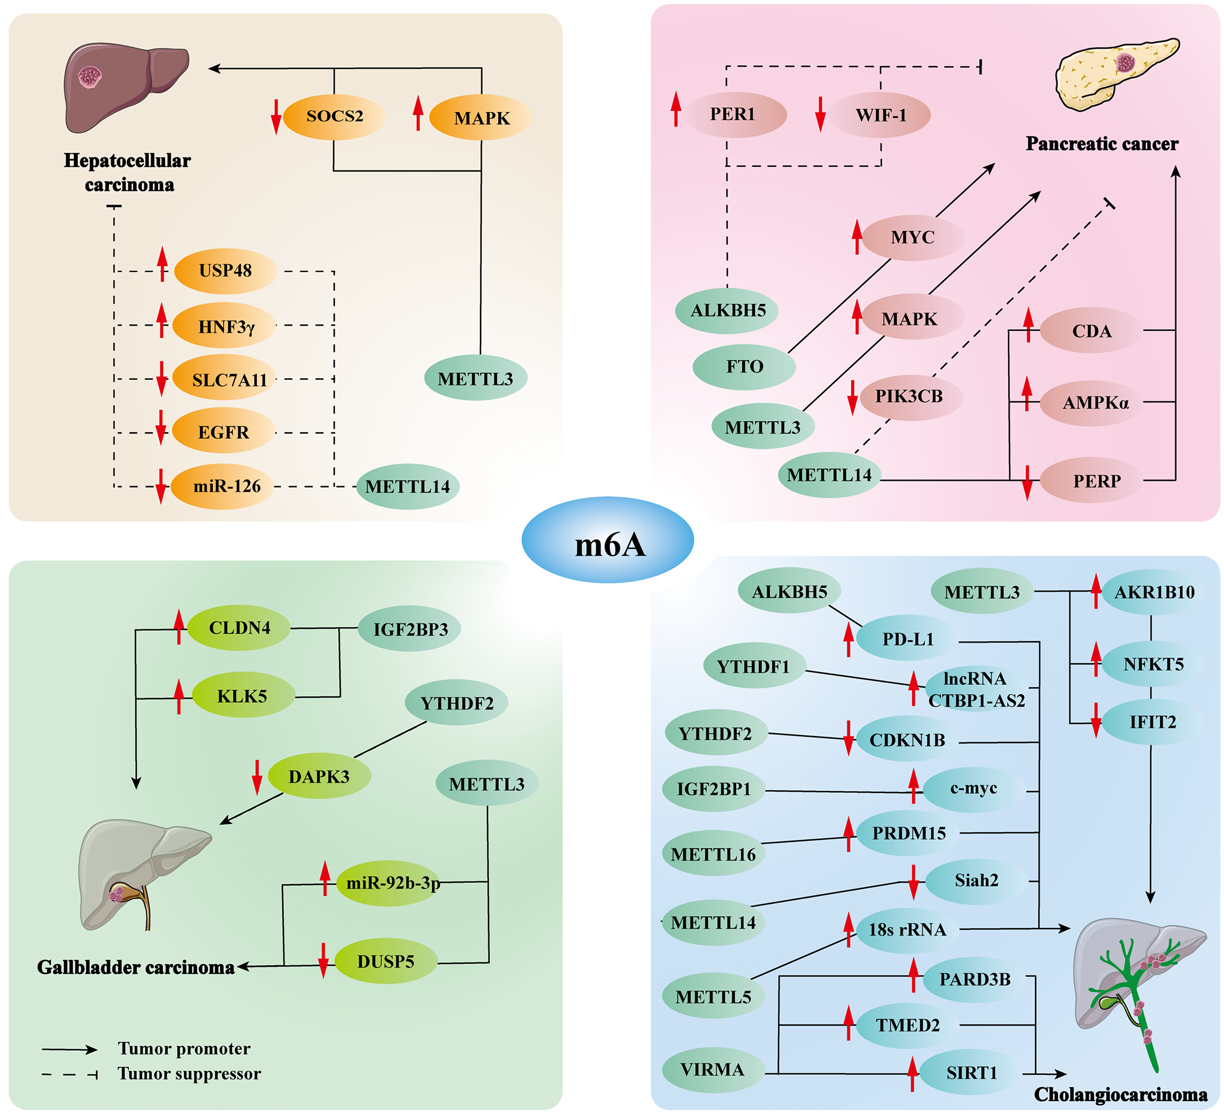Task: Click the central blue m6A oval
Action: pos(608,540)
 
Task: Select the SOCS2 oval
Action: pos(335,116)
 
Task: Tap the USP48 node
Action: pos(225,271)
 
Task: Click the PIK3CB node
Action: pos(909,396)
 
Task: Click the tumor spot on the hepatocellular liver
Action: pos(90,77)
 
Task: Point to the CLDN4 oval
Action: pos(239,628)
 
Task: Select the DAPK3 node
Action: pos(319,776)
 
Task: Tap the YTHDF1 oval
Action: pos(753,667)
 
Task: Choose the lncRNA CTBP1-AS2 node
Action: pos(975,689)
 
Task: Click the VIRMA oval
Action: pos(713,1070)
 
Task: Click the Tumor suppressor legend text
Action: pos(189,1074)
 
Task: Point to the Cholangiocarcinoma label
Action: pos(1120,1094)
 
